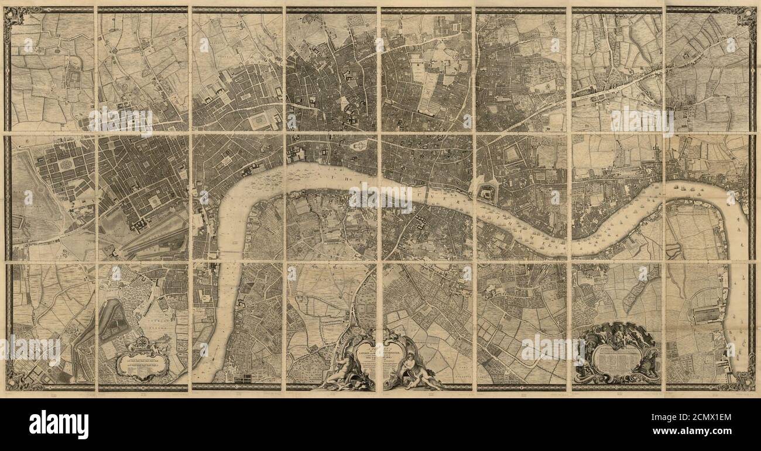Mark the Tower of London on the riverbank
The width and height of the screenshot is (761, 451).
pyautogui.click(x=486, y=193)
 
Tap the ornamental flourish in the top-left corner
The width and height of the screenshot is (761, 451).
pyautogui.click(x=14, y=17)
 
